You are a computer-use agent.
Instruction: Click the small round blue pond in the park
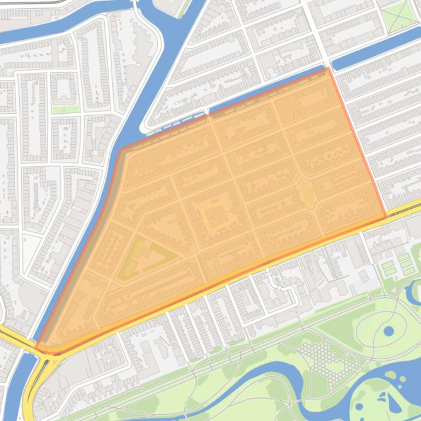click(388, 331)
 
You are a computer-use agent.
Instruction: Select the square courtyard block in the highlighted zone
click(217, 217)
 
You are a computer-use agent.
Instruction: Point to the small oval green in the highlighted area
click(307, 194)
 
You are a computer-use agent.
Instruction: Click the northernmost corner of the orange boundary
click(328, 69)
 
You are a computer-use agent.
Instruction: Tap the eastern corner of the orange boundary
click(385, 216)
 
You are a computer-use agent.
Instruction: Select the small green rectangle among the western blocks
click(65, 109)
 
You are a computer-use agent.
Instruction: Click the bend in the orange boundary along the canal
click(121, 149)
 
